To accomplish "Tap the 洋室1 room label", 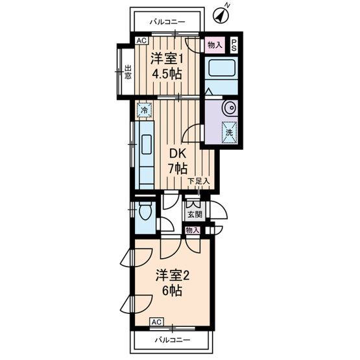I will click(x=166, y=58).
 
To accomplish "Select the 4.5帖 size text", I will click(x=166, y=73).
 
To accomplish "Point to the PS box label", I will click(x=234, y=45).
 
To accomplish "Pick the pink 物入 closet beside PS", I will click(x=214, y=45).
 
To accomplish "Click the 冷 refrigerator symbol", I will click(x=145, y=110).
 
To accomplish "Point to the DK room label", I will click(x=178, y=154).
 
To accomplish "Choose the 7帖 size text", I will click(x=178, y=169).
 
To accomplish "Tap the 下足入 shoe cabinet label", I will click(x=198, y=181).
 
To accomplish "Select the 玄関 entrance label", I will click(x=195, y=213).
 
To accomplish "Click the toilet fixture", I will click(x=145, y=212).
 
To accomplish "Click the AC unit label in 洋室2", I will click(x=156, y=322).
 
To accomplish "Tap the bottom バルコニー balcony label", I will click(x=172, y=340).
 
